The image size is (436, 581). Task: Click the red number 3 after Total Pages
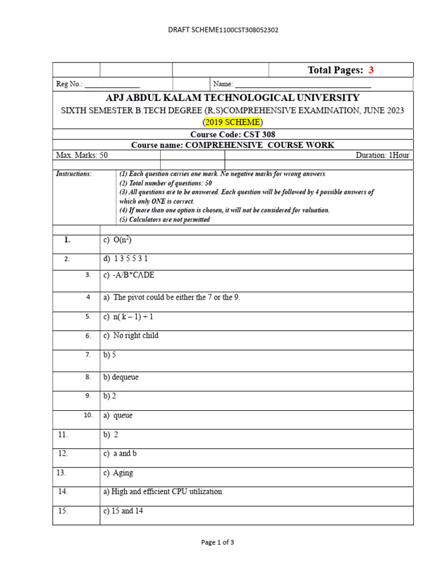point(371,70)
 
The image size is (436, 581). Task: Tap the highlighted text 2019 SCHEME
point(233,122)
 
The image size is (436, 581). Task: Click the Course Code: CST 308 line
point(233,134)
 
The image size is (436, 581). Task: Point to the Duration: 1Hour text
point(382,155)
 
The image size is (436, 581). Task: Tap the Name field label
point(222,84)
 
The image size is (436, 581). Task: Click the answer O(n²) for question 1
point(118,240)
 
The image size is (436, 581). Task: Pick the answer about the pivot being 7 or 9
point(171,297)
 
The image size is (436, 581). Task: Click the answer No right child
point(131,335)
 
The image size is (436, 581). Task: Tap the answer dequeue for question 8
point(121,377)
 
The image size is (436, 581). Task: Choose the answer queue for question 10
point(118,415)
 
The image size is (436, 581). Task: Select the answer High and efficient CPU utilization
point(162,492)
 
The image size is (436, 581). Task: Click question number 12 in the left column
point(62,453)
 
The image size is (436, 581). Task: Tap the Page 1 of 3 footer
point(217,542)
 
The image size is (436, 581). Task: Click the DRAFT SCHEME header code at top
point(223,30)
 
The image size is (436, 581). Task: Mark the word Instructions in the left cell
point(74,174)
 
